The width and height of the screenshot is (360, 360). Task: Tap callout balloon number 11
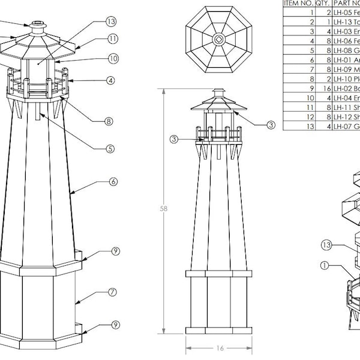[113, 40]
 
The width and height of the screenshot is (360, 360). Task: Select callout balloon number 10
[113, 59]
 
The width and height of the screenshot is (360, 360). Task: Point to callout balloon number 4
[111, 80]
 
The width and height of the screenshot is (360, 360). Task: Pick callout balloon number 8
[109, 121]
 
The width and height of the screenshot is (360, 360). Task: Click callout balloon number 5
[110, 149]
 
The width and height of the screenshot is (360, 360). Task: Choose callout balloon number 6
[112, 182]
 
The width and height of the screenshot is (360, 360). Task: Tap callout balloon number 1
[325, 265]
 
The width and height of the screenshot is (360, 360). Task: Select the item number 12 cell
[312, 116]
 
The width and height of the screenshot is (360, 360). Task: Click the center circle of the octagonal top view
[218, 40]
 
